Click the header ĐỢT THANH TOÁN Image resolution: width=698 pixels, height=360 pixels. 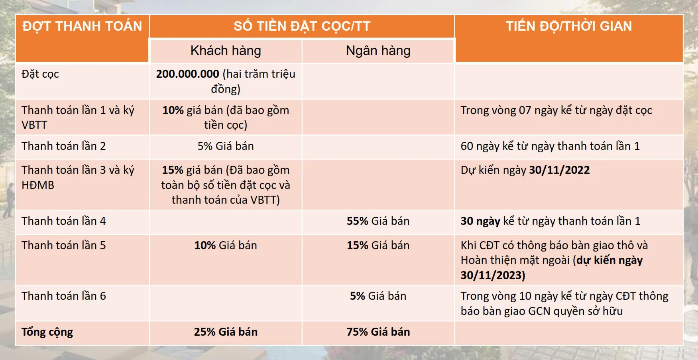(82, 26)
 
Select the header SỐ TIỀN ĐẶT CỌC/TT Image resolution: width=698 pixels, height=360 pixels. (302, 26)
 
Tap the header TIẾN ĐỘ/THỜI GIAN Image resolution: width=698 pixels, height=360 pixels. (569, 26)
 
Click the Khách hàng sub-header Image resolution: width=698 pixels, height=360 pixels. (226, 51)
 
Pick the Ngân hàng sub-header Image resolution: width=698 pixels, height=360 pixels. (378, 51)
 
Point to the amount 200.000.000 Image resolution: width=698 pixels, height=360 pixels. (187, 74)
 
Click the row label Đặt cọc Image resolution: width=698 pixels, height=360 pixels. (40, 74)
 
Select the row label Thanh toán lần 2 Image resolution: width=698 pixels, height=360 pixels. (64, 146)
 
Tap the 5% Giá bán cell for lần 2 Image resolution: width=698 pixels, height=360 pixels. (226, 146)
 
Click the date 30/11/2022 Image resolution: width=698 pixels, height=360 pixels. (559, 170)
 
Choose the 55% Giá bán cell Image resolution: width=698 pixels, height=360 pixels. (378, 221)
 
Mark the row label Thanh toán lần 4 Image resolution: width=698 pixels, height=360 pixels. (64, 221)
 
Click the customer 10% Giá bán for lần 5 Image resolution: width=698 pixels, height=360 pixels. (226, 245)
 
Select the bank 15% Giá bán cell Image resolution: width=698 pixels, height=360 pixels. (378, 245)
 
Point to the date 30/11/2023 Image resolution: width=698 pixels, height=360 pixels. (493, 275)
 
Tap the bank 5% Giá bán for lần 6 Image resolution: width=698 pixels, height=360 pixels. (378, 296)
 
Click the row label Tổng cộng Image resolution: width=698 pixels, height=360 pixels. (47, 332)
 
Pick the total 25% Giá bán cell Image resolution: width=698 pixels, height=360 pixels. (226, 332)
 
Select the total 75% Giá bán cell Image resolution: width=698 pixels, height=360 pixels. (378, 332)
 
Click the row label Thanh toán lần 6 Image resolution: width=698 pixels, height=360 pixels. (64, 296)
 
